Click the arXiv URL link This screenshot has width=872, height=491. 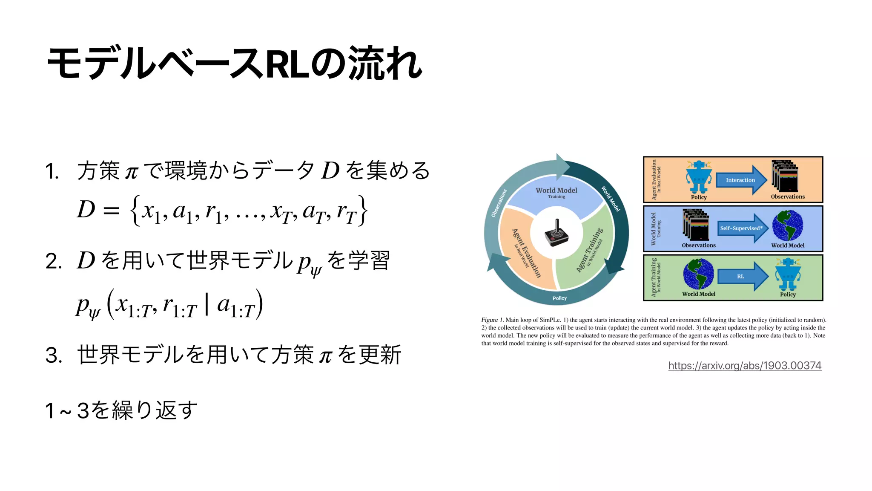(744, 365)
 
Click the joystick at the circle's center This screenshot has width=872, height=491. (556, 233)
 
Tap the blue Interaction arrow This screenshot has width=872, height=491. (741, 180)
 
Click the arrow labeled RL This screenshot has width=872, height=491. (742, 276)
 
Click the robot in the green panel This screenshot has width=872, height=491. (788, 274)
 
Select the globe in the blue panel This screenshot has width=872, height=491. (788, 226)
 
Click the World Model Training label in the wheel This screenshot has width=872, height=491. (556, 192)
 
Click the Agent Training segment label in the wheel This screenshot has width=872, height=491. (590, 250)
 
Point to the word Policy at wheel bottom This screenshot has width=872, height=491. (559, 298)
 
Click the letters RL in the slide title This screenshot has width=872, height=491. (287, 64)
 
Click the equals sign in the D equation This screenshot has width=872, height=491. (112, 210)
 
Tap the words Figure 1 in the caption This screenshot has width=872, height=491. (492, 320)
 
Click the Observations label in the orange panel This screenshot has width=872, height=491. (788, 196)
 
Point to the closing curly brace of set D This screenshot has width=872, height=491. (362, 210)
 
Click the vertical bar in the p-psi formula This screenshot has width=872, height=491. (207, 304)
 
